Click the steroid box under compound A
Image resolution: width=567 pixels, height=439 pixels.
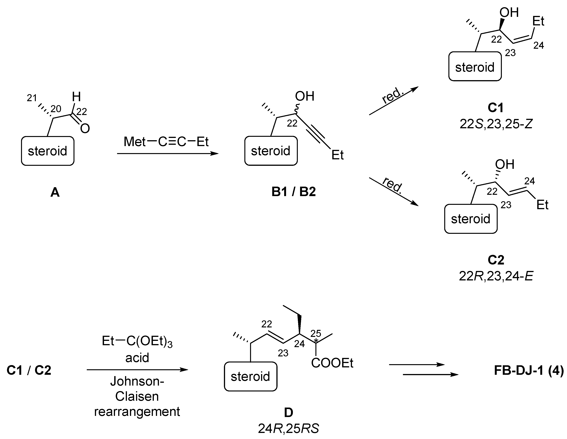[48, 151]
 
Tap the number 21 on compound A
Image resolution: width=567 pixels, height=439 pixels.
[32, 98]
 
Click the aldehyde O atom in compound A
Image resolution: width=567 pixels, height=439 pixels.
[85, 128]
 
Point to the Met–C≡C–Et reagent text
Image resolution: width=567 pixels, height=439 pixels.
[166, 142]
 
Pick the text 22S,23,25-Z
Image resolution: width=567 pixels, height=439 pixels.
[496, 124]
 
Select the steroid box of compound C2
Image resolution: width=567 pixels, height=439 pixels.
[471, 219]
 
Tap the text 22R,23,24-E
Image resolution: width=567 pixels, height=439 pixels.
[496, 276]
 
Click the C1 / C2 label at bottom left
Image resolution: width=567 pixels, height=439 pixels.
[29, 370]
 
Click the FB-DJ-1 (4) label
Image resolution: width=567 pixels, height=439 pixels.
[529, 370]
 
